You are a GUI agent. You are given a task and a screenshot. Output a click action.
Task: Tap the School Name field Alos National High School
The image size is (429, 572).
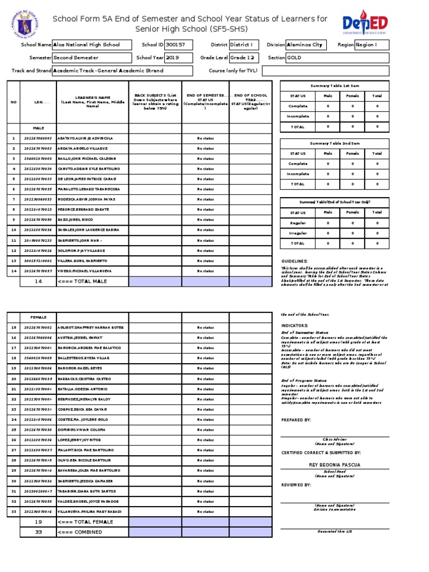click(x=93, y=45)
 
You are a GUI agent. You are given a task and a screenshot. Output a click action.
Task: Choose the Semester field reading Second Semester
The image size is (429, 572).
click(x=93, y=58)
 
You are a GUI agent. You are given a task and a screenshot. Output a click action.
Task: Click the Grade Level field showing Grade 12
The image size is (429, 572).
click(x=245, y=58)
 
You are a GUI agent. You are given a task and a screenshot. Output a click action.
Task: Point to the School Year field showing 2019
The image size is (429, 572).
click(x=173, y=58)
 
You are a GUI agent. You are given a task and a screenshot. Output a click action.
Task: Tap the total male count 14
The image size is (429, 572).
click(x=39, y=281)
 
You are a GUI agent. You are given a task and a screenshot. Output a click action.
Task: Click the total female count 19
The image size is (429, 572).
click(x=39, y=522)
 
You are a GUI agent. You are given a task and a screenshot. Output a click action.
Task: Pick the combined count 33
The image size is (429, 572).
click(x=39, y=532)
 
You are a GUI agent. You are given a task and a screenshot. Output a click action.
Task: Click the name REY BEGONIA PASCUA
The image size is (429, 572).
click(x=335, y=465)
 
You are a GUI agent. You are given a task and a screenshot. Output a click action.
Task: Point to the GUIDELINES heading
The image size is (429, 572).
click(x=294, y=261)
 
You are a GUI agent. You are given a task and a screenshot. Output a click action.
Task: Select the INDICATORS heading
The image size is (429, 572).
click(x=294, y=325)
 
